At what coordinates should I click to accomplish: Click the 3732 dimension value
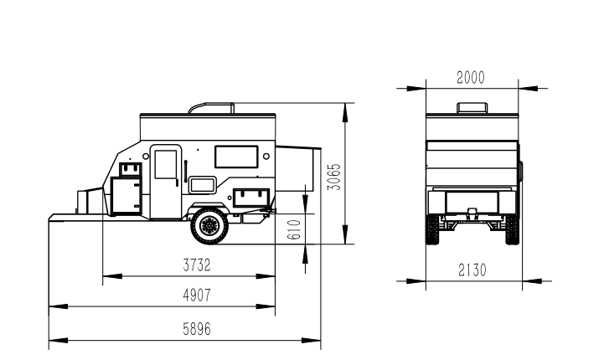[197, 265]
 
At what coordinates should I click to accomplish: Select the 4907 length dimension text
[197, 296]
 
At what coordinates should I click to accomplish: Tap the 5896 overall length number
[197, 329]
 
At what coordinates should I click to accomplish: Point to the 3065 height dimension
[334, 177]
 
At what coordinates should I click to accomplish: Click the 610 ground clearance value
[294, 229]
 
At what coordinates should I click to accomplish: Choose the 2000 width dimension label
[471, 77]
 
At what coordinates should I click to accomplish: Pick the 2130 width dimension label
[472, 270]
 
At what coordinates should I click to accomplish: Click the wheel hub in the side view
[209, 225]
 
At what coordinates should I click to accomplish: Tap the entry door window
[166, 164]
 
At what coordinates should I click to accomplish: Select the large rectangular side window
[236, 157]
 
